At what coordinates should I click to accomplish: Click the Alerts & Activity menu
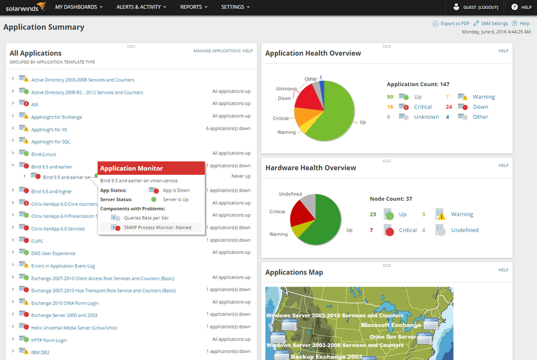pyautogui.click(x=141, y=7)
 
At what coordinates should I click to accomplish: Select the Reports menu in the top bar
pyautogui.click(x=194, y=7)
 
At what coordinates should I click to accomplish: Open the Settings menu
pyautogui.click(x=235, y=7)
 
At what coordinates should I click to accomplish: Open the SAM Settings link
pyautogui.click(x=493, y=24)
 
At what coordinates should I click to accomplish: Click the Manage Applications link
pyautogui.click(x=216, y=51)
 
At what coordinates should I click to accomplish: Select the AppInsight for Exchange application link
pyautogui.click(x=57, y=117)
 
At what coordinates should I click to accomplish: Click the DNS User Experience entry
pyautogui.click(x=53, y=253)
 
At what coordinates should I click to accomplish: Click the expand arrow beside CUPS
pyautogui.click(x=13, y=240)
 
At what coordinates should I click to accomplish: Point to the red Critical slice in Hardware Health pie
pyautogui.click(x=301, y=210)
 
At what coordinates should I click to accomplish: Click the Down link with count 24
pyautogui.click(x=480, y=107)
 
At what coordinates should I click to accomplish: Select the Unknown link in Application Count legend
pyautogui.click(x=427, y=117)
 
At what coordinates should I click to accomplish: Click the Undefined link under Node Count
pyautogui.click(x=464, y=230)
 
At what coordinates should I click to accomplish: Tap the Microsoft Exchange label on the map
pyautogui.click(x=390, y=325)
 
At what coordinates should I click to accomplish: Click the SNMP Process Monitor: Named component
pyautogui.click(x=157, y=228)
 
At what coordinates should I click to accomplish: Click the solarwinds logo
pyautogui.click(x=23, y=7)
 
